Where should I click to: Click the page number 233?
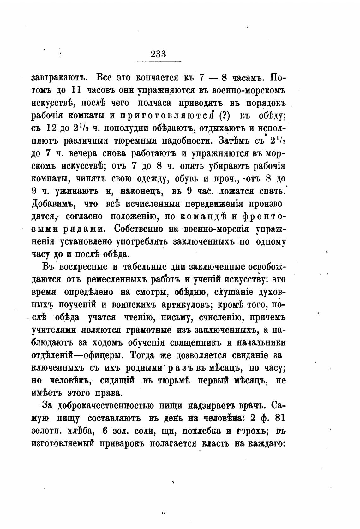pyautogui.click(x=158, y=54)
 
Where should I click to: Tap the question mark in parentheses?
pyautogui.click(x=224, y=116)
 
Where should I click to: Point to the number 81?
pyautogui.click(x=278, y=418)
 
